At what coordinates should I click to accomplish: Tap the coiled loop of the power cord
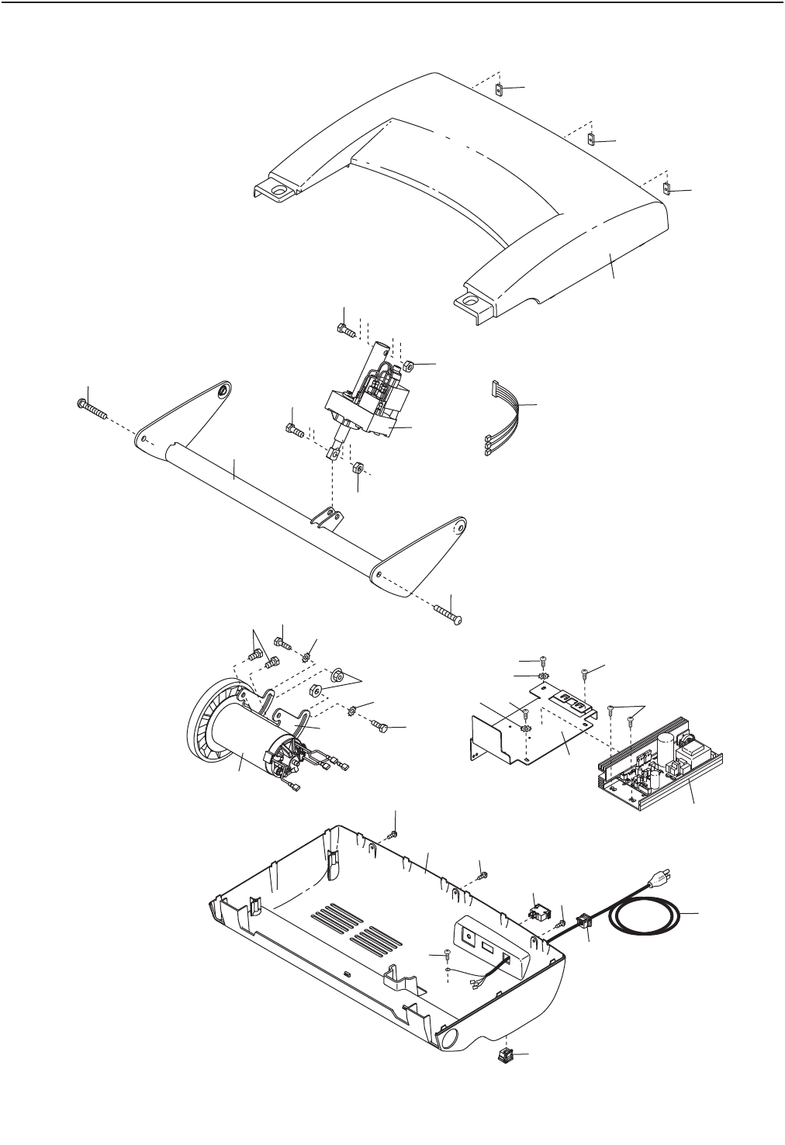point(647,919)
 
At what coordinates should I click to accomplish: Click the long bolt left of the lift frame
point(91,409)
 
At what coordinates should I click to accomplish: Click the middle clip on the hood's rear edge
point(590,140)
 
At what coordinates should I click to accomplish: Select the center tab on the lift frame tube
point(329,516)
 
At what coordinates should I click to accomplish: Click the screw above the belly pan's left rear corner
point(394,833)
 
